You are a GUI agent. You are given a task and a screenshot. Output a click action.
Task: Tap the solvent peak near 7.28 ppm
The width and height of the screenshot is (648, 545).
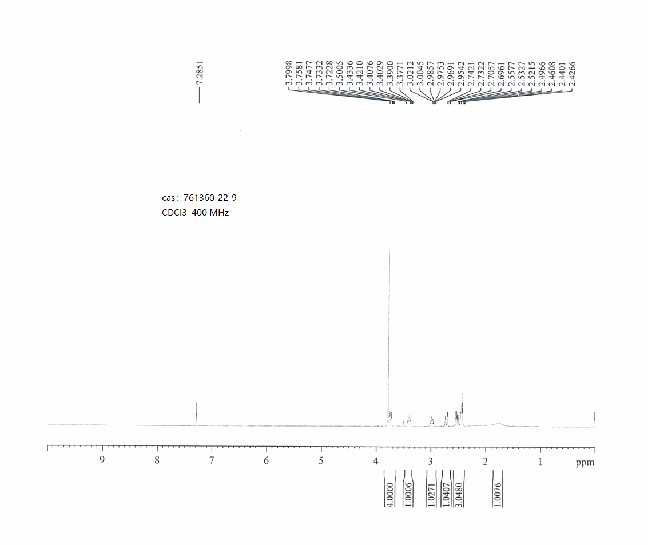tap(197, 413)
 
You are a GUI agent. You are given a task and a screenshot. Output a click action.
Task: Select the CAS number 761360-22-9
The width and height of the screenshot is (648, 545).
tap(210, 198)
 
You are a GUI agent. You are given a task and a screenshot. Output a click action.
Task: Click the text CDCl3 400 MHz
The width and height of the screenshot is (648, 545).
tap(195, 213)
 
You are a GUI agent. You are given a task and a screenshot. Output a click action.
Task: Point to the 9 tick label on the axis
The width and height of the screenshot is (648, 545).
tap(102, 460)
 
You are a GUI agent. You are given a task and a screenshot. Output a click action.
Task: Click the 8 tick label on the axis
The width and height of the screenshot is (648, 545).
tap(157, 460)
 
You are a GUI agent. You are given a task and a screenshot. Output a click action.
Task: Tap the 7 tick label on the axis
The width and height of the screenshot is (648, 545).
tap(212, 460)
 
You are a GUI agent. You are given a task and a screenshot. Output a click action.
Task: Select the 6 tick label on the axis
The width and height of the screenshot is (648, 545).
tap(266, 460)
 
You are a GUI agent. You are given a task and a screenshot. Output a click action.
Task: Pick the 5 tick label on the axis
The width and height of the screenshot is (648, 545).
tap(321, 460)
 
